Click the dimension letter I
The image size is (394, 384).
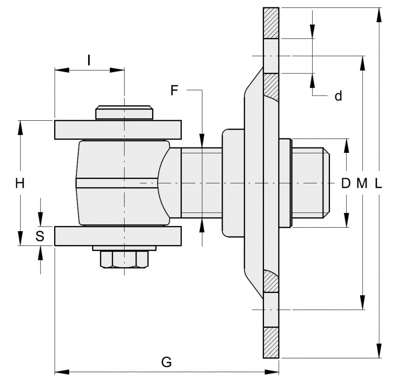(89, 60)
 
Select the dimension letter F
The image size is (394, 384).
(175, 90)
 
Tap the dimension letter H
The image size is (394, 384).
(20, 183)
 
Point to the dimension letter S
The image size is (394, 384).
(40, 237)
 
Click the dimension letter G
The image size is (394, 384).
(166, 362)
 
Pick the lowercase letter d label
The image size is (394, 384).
(338, 96)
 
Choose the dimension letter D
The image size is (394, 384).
(346, 183)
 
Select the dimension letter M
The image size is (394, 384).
(362, 183)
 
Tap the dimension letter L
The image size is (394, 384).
(378, 183)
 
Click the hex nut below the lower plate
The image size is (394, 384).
(124, 259)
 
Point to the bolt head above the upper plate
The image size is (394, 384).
(124, 112)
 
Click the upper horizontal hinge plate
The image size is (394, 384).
(117, 130)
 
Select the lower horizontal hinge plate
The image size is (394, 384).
(117, 236)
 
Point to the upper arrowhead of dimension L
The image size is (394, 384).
(378, 15)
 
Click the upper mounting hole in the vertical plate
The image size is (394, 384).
(271, 56)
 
